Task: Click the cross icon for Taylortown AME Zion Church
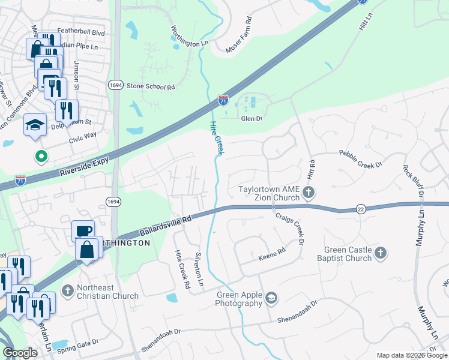point(308,193)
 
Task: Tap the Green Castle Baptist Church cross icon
point(380,254)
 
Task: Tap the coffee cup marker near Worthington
point(83,231)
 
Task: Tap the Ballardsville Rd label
point(164,226)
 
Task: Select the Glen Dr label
point(252,119)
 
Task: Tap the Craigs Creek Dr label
point(289,229)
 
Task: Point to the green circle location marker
point(41,157)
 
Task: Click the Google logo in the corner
point(20,353)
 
